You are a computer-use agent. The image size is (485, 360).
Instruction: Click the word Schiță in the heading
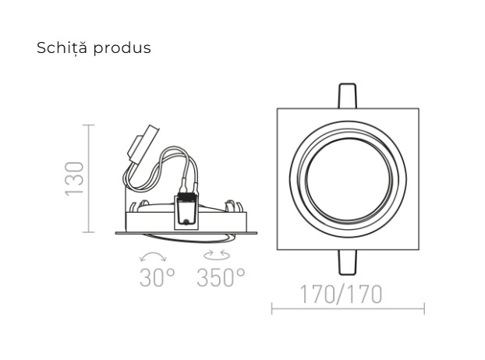pos(62,48)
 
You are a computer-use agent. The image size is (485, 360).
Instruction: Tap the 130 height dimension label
pos(75,178)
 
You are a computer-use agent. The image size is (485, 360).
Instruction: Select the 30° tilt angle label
pos(158,277)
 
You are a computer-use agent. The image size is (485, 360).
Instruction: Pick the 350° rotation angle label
pos(221,277)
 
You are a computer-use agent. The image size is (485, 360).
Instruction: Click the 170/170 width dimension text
pos(342,295)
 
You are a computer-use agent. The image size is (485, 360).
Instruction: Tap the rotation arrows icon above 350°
pos(217,255)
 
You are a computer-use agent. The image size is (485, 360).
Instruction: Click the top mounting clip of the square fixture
pos(348,96)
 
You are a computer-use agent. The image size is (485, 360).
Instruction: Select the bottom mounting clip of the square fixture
pos(348,263)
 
